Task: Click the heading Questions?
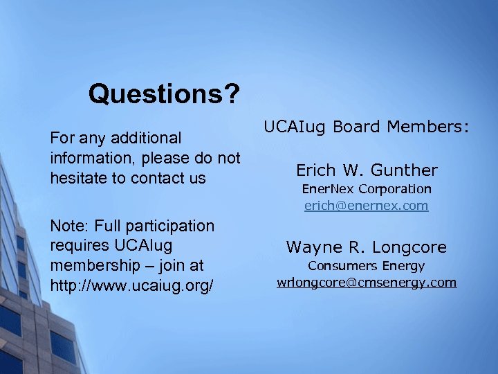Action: point(164,93)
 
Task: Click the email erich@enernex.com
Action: point(367,206)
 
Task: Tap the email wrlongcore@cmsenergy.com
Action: point(367,282)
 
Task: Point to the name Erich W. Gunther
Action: point(367,170)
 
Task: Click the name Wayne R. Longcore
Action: point(367,247)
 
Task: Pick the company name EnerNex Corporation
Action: point(367,188)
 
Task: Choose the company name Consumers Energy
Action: point(367,265)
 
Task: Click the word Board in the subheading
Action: point(358,127)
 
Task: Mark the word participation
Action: point(173,226)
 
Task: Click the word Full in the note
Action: point(108,226)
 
